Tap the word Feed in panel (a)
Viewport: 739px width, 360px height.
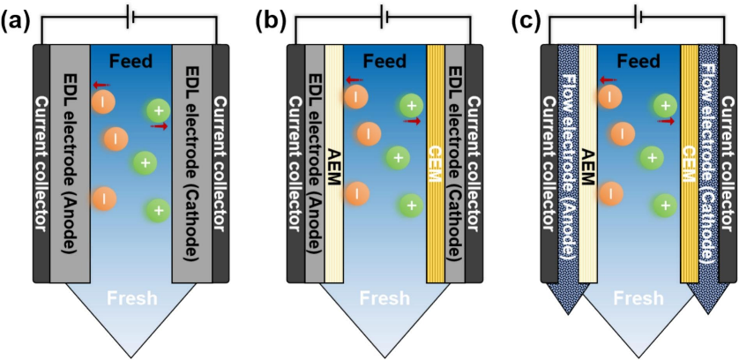point(132,62)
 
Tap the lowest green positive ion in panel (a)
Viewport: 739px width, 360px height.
point(157,210)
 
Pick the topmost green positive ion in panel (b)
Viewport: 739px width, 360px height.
point(411,107)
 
